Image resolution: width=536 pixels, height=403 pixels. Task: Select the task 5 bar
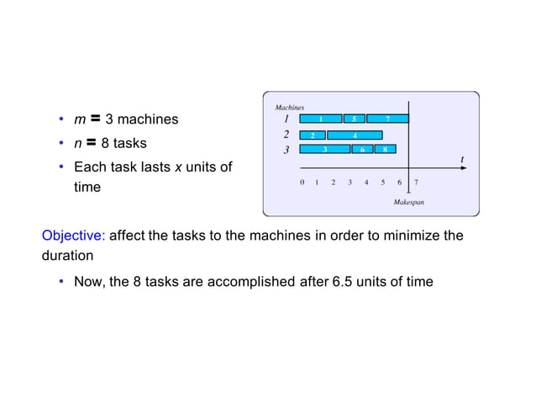click(355, 119)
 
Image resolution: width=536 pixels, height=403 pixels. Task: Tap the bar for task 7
click(387, 119)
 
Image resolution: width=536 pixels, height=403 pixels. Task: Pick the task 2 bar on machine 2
click(313, 135)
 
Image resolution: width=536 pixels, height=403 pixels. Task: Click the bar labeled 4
click(355, 135)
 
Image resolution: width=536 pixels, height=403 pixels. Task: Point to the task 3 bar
click(325, 149)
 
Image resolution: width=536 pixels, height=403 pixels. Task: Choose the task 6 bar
click(362, 149)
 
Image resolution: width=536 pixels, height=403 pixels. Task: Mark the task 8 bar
click(385, 149)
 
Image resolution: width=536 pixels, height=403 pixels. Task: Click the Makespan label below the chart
click(408, 202)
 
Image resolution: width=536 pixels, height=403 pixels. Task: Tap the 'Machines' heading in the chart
click(290, 108)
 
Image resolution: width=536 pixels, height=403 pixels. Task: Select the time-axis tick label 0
click(302, 182)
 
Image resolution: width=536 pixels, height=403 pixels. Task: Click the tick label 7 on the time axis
click(416, 182)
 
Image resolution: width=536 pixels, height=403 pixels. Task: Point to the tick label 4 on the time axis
click(366, 182)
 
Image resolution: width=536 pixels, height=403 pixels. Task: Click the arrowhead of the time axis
click(466, 168)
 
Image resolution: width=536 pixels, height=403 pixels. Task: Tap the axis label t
click(461, 158)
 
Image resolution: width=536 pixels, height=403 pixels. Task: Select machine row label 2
click(286, 134)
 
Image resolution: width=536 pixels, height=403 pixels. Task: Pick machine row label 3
click(286, 150)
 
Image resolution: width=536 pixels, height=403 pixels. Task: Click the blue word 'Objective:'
click(74, 236)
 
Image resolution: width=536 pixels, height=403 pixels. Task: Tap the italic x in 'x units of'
click(177, 167)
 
